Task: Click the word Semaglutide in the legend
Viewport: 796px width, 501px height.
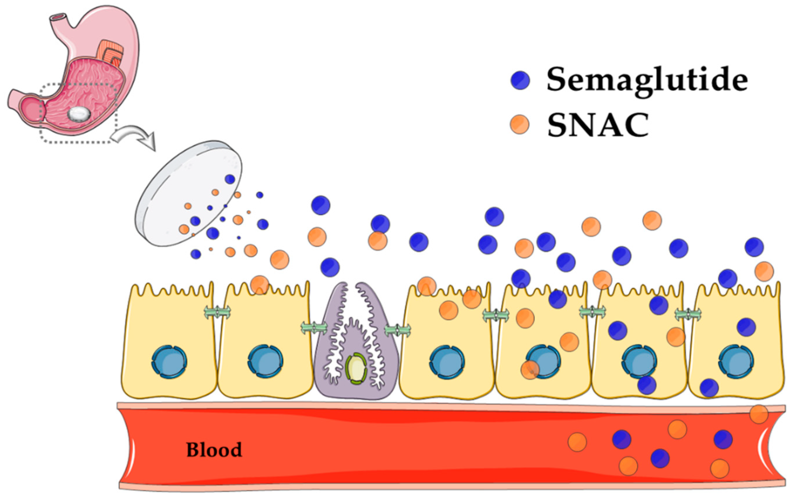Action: click(647, 80)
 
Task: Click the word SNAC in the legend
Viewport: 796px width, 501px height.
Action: click(598, 125)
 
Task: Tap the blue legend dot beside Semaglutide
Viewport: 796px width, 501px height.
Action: click(520, 80)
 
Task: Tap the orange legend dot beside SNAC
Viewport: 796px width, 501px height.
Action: click(519, 124)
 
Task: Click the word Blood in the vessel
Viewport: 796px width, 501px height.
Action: click(214, 450)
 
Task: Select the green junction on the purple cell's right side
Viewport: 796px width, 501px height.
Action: click(398, 330)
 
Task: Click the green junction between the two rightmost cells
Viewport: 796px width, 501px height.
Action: click(688, 314)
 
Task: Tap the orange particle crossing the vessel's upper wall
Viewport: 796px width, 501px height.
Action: click(759, 414)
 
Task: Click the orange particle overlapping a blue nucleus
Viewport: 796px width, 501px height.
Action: click(530, 370)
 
